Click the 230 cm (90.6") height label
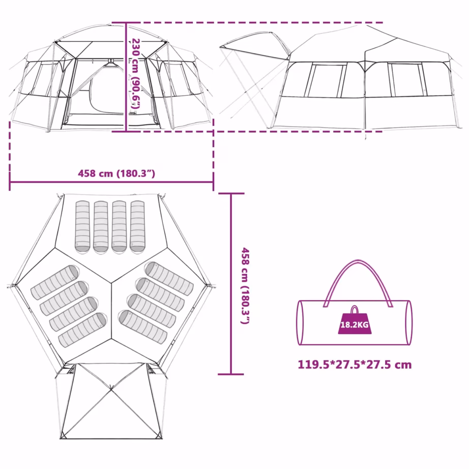pos(136,74)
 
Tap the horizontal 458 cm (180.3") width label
pos(116,173)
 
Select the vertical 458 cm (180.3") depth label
pos(245,286)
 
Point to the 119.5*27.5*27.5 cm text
pos(355,365)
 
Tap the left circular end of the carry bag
pos(300,323)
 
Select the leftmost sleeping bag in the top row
pos(82,226)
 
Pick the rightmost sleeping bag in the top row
pos(137,226)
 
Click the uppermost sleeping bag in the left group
pos(55,282)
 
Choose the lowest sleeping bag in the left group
pos(82,330)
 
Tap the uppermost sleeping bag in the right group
pos(169,279)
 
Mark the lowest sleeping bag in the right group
pos(143,327)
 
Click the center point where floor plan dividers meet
pos(111,283)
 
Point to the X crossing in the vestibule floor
pos(111,390)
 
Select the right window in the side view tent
pos(407,80)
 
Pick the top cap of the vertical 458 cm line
pos(231,193)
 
